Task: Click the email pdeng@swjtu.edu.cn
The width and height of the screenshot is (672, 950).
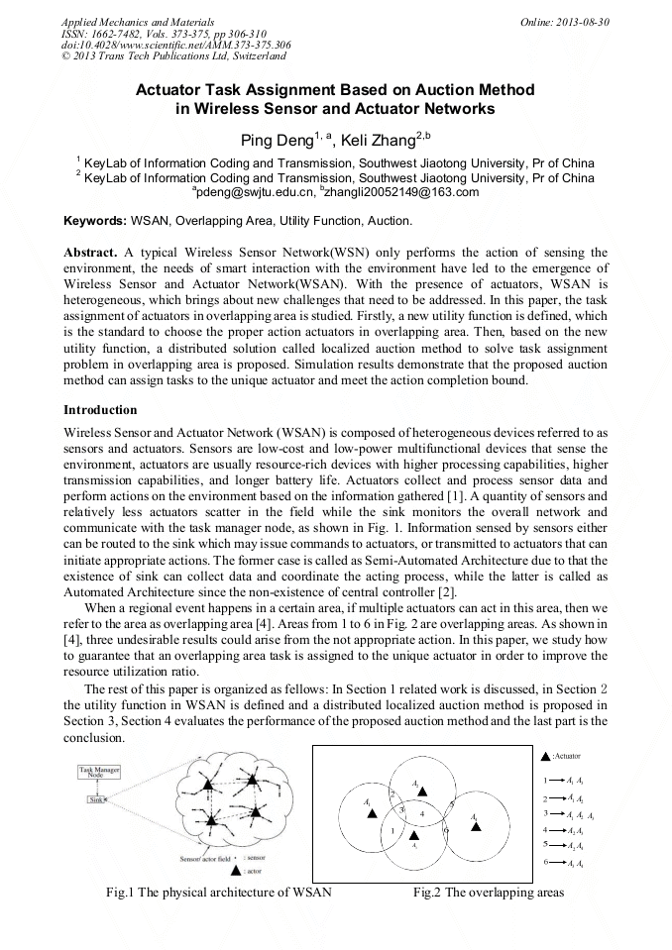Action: click(252, 192)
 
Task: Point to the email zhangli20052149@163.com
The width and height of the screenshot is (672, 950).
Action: click(400, 192)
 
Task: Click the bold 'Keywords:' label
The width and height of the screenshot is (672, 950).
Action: click(95, 220)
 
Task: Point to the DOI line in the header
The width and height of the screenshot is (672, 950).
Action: click(175, 45)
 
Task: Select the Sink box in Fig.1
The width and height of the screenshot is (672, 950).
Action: click(96, 798)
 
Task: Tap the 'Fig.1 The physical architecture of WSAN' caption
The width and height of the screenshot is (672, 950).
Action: click(218, 893)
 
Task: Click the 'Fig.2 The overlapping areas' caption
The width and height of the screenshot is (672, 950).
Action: click(488, 893)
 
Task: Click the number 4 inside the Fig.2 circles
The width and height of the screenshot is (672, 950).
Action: click(422, 812)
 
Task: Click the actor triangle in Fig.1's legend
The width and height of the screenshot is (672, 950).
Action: click(234, 872)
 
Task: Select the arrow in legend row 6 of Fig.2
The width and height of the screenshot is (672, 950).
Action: click(558, 863)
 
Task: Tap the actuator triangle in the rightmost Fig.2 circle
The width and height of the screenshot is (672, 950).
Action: click(476, 826)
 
